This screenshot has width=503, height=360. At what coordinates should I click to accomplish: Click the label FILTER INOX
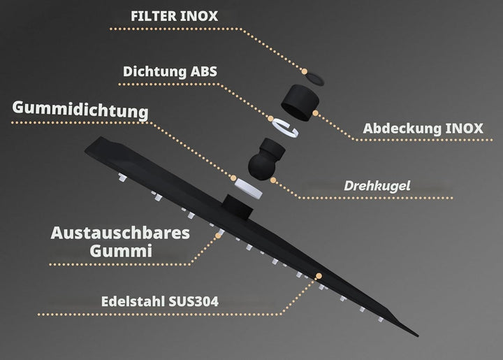174,16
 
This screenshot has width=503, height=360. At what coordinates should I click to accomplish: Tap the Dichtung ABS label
170,71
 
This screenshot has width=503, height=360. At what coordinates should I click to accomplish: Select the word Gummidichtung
80,110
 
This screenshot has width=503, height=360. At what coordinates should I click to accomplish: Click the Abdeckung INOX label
423,129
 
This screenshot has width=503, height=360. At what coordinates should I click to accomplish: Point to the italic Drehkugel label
377,186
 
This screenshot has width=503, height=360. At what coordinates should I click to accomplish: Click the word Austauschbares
120,233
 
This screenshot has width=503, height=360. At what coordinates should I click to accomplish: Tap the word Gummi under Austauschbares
121,250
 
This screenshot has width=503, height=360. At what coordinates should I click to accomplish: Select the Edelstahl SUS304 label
160,301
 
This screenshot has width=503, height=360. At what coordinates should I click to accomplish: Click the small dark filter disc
314,78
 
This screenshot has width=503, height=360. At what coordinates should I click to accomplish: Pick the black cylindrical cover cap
300,102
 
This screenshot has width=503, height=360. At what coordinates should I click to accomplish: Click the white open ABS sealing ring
285,127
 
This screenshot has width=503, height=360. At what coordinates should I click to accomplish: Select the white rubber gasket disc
248,188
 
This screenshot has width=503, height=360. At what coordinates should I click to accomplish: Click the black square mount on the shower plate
238,207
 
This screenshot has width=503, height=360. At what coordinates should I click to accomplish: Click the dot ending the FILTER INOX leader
305,71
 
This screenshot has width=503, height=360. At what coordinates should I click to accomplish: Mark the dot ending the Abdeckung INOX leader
315,113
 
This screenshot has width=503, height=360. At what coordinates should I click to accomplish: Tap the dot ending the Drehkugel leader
273,180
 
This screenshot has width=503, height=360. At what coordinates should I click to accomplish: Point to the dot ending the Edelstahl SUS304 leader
319,276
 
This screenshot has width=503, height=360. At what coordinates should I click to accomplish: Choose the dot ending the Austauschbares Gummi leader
219,236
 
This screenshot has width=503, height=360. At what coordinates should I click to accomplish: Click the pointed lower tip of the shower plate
418,336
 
